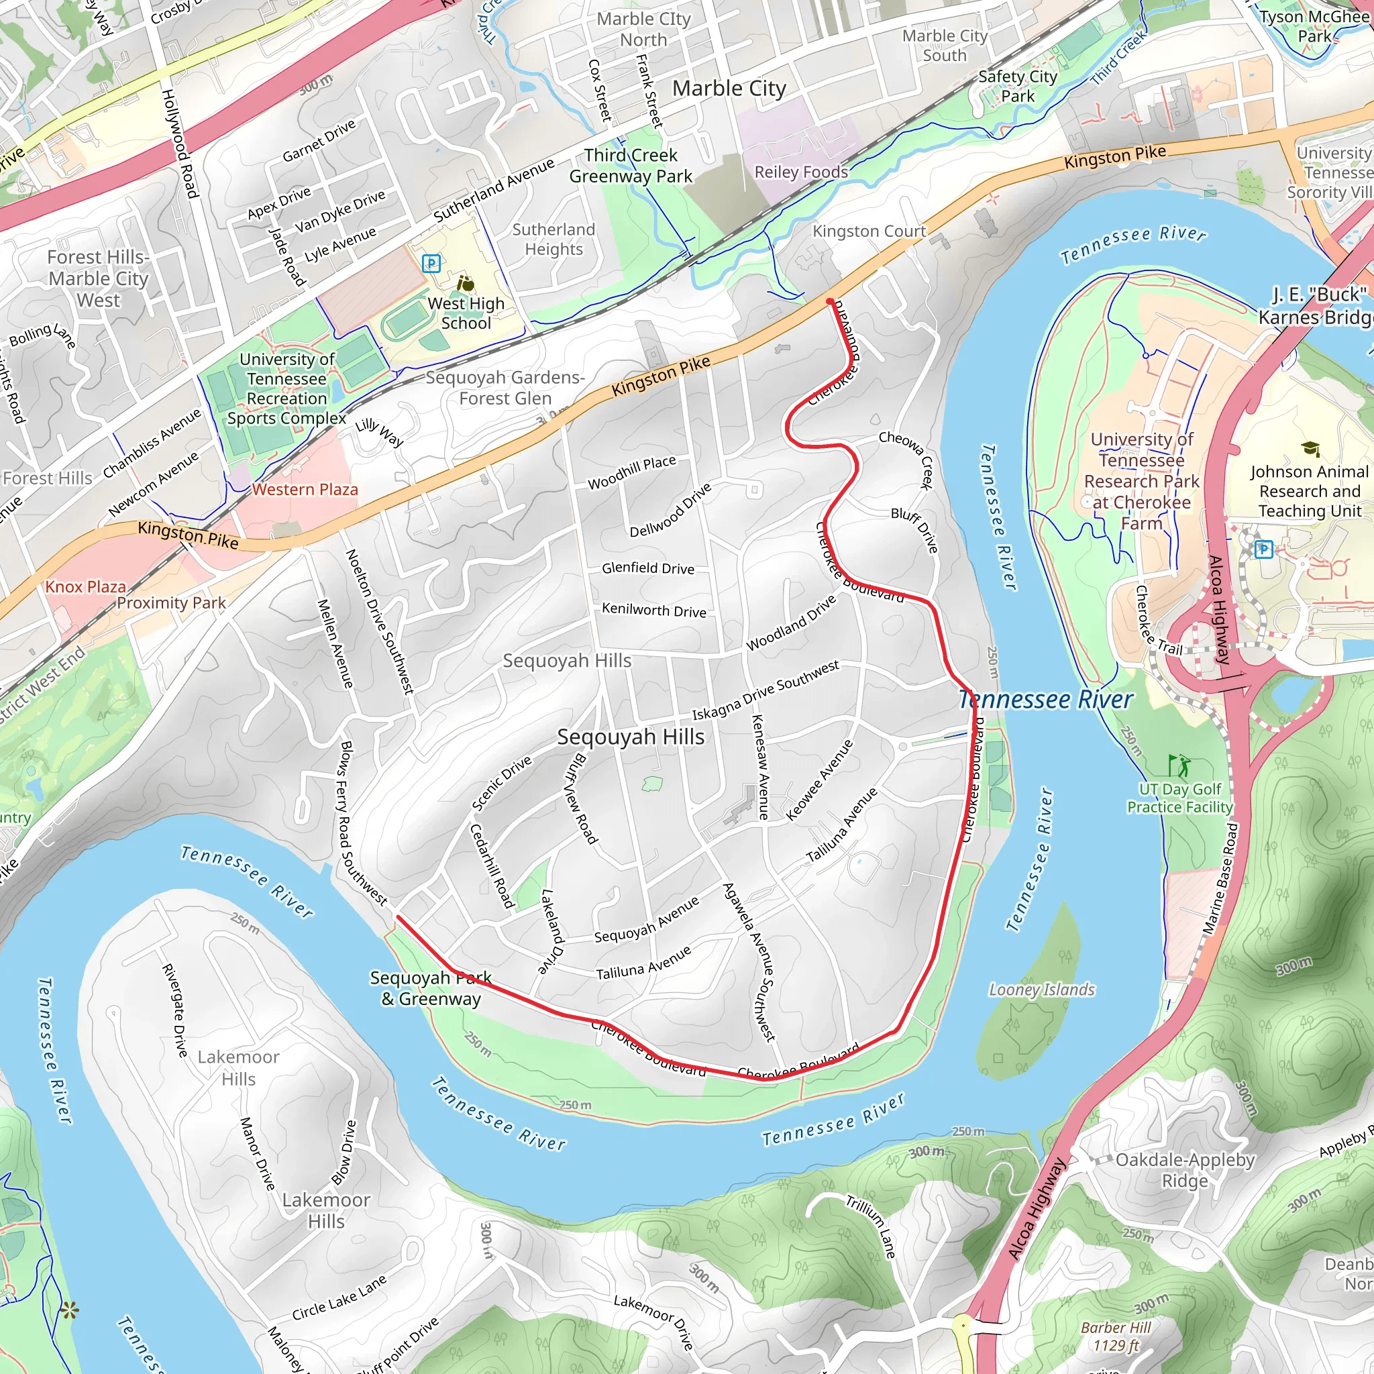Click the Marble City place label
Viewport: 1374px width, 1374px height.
click(729, 89)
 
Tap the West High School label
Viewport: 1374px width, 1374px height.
click(466, 313)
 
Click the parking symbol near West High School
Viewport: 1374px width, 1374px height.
click(431, 264)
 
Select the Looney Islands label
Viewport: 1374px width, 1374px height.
click(1041, 990)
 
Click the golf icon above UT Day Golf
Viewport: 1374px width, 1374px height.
click(1177, 765)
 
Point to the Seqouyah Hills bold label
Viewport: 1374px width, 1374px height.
click(631, 737)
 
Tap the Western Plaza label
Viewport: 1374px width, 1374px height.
click(305, 489)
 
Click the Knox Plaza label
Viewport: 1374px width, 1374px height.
click(85, 587)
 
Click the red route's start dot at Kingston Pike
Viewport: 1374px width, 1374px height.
click(830, 303)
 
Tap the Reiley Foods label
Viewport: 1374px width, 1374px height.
click(801, 172)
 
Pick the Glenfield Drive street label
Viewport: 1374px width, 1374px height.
click(648, 568)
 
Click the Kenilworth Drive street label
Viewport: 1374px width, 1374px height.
click(653, 611)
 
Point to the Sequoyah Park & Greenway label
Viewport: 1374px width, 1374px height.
click(431, 988)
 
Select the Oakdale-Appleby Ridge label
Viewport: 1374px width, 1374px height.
click(1185, 1170)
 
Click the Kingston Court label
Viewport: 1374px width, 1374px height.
click(869, 231)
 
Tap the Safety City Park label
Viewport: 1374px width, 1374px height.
click(1018, 86)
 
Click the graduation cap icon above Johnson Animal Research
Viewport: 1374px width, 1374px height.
click(1310, 449)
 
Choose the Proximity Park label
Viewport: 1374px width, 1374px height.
click(170, 603)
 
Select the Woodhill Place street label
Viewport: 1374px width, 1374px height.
click(631, 472)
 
